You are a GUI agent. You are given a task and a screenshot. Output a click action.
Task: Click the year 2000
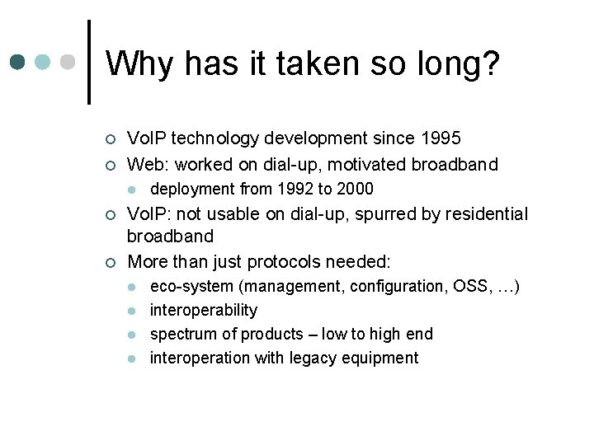click(355, 189)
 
